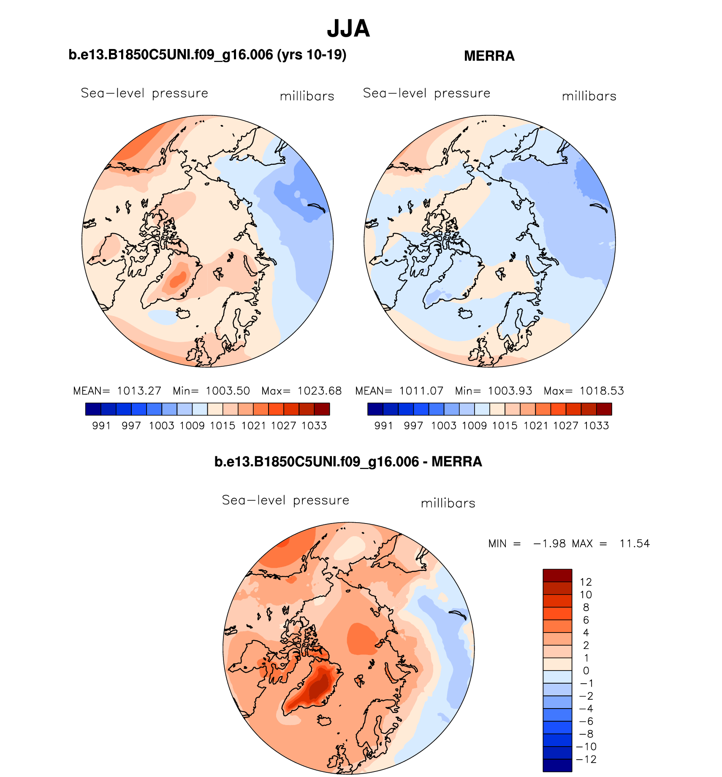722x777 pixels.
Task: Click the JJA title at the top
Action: point(348,29)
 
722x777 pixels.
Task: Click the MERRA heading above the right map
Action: point(489,56)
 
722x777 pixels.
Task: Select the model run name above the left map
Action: point(207,55)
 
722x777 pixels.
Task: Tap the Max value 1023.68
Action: point(319,391)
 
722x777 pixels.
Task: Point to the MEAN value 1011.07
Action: point(421,391)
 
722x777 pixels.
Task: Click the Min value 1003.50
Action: point(228,391)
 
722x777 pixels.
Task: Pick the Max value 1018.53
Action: point(601,391)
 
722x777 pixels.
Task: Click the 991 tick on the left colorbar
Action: point(101,426)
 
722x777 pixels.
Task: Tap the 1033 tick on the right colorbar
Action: point(596,426)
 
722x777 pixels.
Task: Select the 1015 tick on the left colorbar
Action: point(223,426)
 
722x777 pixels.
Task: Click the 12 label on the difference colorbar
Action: point(586,582)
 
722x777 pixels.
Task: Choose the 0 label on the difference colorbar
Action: point(586,671)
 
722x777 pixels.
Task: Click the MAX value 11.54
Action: point(635,544)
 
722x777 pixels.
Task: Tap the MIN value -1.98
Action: point(549,544)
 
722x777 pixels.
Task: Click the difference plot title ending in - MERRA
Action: point(348,462)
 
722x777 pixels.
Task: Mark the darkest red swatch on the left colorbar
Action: point(322,409)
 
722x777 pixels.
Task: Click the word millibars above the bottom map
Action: point(448,503)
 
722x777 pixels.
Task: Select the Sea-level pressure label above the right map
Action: point(426,93)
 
